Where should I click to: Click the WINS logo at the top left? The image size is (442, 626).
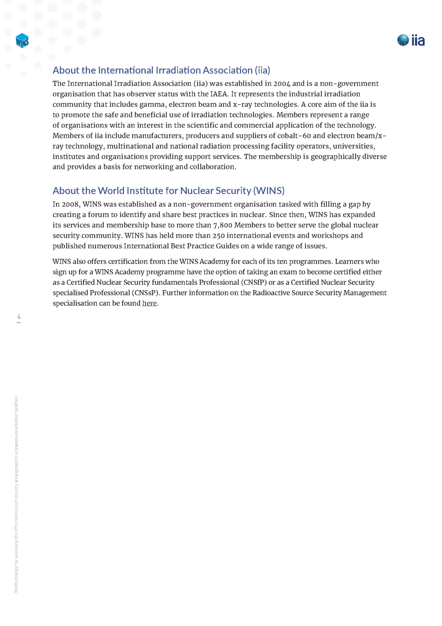pyautogui.click(x=22, y=41)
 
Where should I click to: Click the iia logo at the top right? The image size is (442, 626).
pyautogui.click(x=411, y=40)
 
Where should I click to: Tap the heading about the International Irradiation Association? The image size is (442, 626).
pyautogui.click(x=161, y=70)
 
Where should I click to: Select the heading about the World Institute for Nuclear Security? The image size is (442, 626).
pyautogui.click(x=168, y=191)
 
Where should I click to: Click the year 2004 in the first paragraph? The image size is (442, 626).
pyautogui.click(x=282, y=84)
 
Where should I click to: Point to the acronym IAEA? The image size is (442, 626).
pyautogui.click(x=219, y=94)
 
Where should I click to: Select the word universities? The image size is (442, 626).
pyautogui.click(x=354, y=146)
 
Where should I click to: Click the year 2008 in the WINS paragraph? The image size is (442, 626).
pyautogui.click(x=70, y=204)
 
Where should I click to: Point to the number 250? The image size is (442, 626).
pyautogui.click(x=219, y=236)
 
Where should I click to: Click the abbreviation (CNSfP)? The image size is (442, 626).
pyautogui.click(x=254, y=282)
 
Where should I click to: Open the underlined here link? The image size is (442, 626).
pyautogui.click(x=149, y=303)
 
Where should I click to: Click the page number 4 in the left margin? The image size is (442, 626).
pyautogui.click(x=18, y=317)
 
